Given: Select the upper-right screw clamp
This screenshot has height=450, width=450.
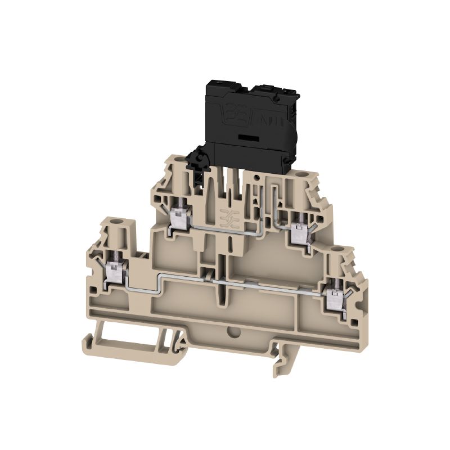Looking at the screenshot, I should click(x=298, y=232).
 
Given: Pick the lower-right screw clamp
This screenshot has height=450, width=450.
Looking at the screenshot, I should click(x=336, y=292).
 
